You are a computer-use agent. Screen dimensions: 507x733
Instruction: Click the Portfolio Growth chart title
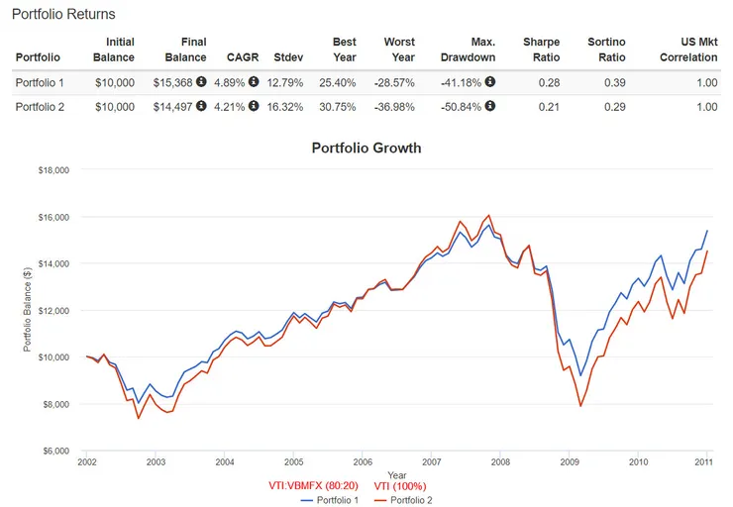tap(366, 149)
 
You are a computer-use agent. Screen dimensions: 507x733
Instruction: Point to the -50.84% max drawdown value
tap(468, 106)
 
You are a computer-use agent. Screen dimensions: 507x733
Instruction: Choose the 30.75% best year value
tap(336, 106)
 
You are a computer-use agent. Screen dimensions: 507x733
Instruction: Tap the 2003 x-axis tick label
tap(156, 461)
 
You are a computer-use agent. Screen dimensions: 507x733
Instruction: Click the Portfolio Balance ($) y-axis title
tap(27, 310)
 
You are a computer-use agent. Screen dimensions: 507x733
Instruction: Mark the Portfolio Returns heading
tap(63, 14)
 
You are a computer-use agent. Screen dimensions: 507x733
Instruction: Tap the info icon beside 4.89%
tap(253, 81)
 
